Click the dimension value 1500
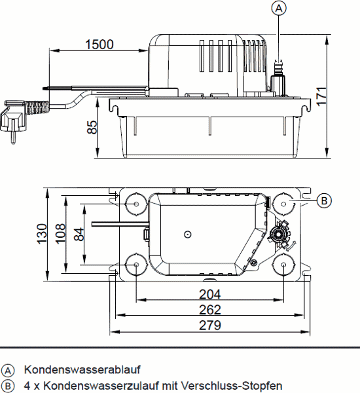[99, 45]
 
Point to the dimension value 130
[42, 233]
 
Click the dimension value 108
[60, 233]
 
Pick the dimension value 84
[77, 233]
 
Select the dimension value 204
[209, 294]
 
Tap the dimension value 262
[209, 309]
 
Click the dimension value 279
[209, 325]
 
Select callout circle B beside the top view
[323, 200]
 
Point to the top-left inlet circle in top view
[136, 204]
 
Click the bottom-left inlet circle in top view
[135, 265]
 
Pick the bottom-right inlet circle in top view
[284, 265]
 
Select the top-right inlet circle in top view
[284, 203]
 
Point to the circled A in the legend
[8, 369]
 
